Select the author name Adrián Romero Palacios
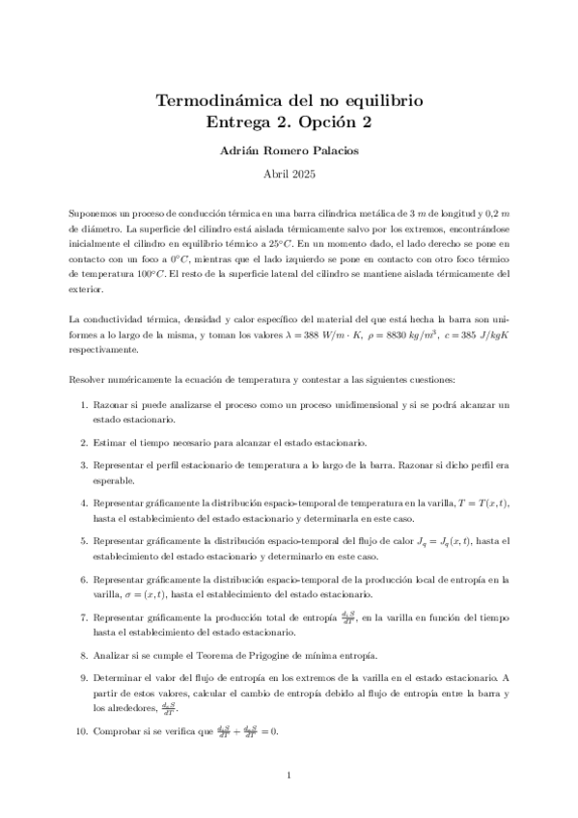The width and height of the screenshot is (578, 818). (289, 150)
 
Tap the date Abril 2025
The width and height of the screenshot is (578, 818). (289, 175)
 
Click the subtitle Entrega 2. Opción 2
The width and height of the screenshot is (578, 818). (289, 122)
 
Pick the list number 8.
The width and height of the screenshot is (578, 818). (84, 654)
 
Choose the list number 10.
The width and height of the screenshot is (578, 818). (82, 731)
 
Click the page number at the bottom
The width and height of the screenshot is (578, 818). (289, 775)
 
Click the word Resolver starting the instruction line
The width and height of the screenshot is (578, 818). (89, 379)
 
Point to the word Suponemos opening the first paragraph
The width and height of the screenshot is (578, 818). (96, 211)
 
